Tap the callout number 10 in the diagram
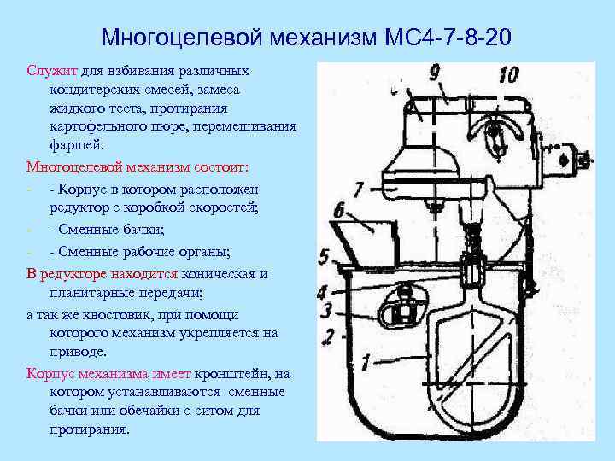point(507,74)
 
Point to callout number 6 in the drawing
point(338,210)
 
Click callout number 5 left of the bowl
point(324,255)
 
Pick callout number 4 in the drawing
point(323,293)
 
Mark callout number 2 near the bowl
point(329,336)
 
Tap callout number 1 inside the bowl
point(365,362)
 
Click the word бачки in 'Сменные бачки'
point(141,229)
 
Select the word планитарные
point(91,291)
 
